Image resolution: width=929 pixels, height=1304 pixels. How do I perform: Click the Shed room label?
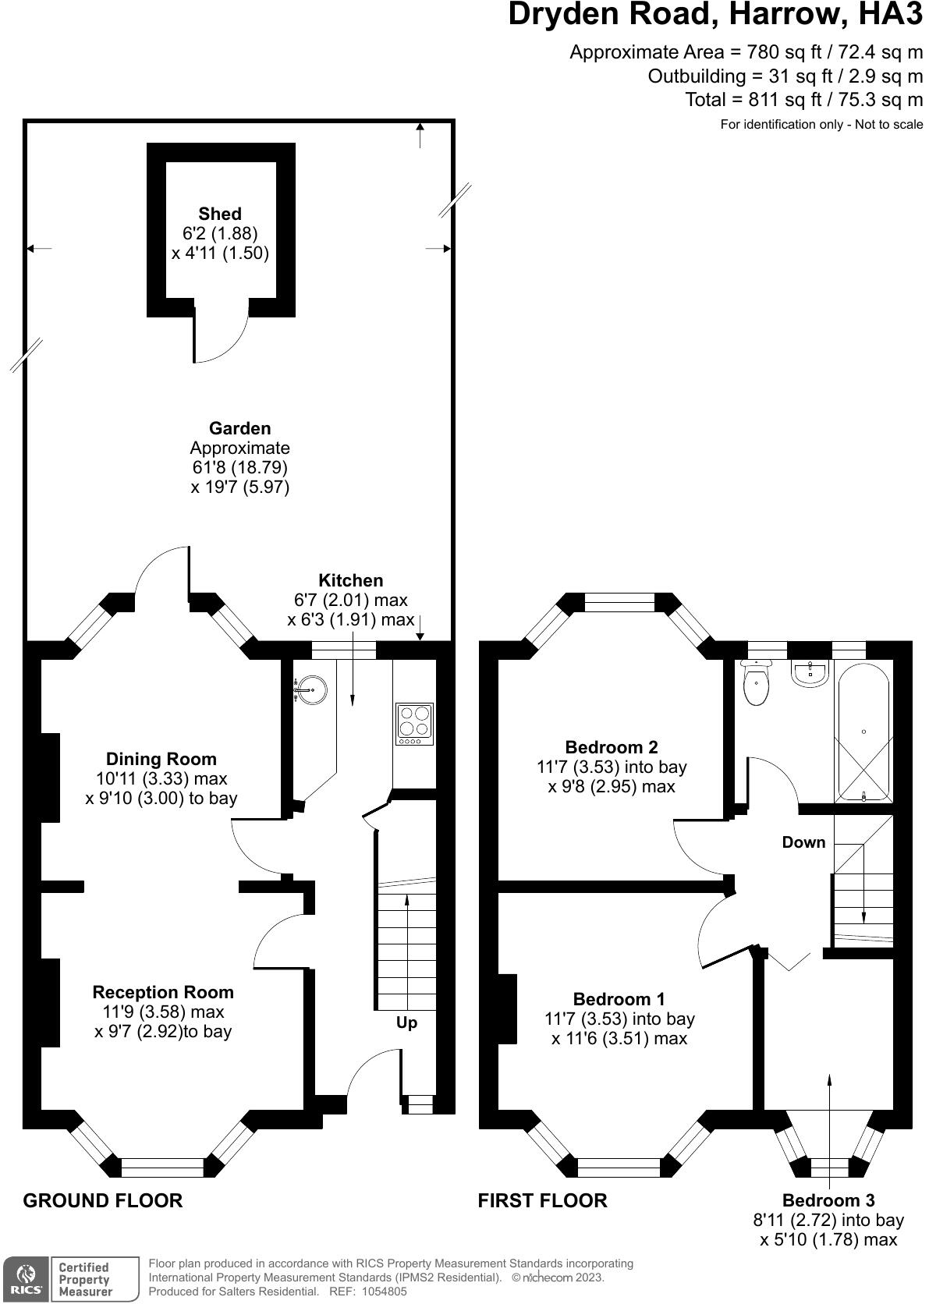(x=220, y=214)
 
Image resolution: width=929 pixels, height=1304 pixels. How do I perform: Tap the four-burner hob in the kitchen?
(x=414, y=724)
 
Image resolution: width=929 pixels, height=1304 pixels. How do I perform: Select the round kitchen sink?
(x=310, y=690)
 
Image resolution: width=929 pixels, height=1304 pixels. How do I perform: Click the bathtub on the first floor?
(x=863, y=732)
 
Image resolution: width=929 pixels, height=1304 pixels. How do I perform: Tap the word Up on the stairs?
(x=406, y=1023)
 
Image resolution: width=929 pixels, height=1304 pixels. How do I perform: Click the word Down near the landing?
(x=803, y=842)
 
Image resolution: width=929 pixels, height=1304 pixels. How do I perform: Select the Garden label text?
(x=239, y=428)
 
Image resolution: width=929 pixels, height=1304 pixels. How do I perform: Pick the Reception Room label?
(x=163, y=992)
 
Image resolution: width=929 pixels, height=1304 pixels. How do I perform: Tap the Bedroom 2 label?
(x=612, y=747)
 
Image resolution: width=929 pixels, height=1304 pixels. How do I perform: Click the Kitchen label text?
(x=350, y=580)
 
